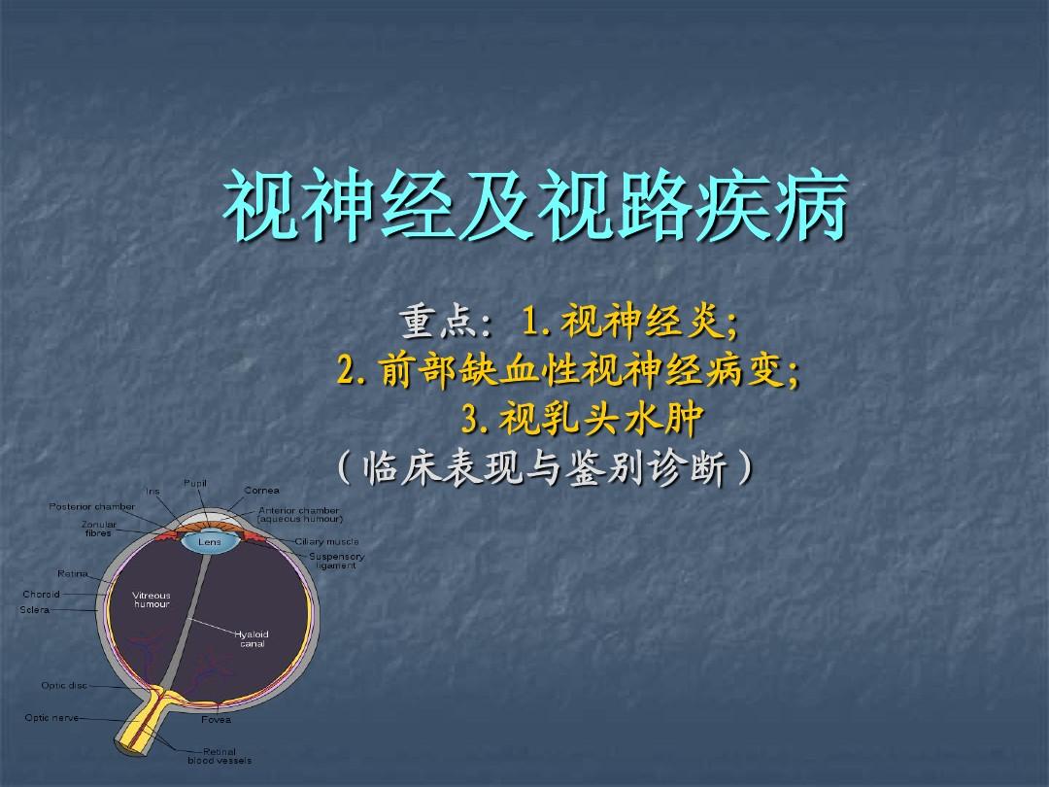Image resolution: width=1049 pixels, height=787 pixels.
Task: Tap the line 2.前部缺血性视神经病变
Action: (569, 371)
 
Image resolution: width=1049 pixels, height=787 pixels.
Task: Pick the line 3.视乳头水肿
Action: (581, 421)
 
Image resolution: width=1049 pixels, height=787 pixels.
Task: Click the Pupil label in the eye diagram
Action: (195, 483)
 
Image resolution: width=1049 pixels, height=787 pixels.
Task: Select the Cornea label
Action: (261, 491)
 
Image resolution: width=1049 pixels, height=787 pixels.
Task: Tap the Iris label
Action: (152, 492)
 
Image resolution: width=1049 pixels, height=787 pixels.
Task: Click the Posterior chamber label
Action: (92, 506)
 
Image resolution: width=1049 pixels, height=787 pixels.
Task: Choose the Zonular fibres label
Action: (98, 529)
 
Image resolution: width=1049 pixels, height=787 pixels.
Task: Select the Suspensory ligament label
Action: (336, 561)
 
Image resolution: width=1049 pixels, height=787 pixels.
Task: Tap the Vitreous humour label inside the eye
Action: (152, 599)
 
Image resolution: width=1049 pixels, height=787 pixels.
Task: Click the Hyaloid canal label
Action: (252, 638)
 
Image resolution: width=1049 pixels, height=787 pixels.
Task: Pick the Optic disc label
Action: (64, 686)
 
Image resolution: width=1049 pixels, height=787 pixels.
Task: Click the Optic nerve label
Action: (51, 718)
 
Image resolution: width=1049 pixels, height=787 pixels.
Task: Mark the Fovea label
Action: (216, 721)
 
